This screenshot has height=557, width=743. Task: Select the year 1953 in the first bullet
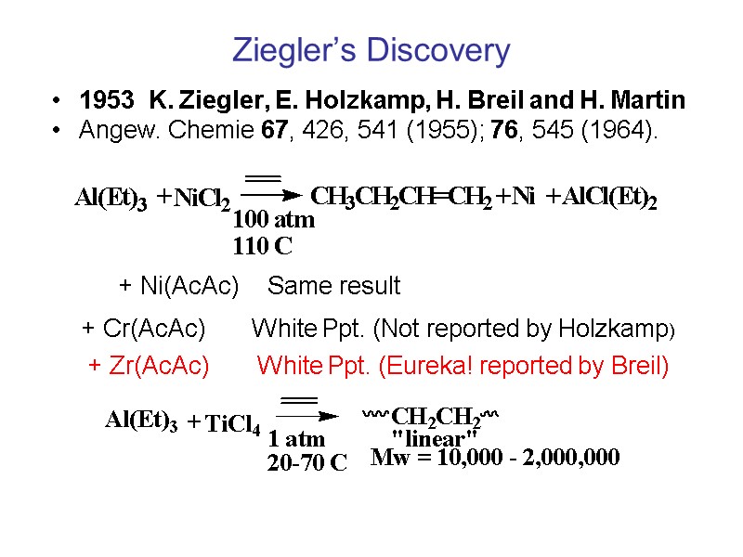tap(104, 100)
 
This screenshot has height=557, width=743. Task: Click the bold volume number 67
tap(274, 130)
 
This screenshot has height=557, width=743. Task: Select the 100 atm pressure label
tap(273, 221)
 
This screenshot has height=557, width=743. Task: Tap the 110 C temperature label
tap(262, 247)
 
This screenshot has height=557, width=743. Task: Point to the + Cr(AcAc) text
tap(144, 329)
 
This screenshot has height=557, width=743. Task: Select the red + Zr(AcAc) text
tap(149, 367)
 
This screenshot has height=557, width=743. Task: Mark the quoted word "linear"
tap(435, 436)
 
